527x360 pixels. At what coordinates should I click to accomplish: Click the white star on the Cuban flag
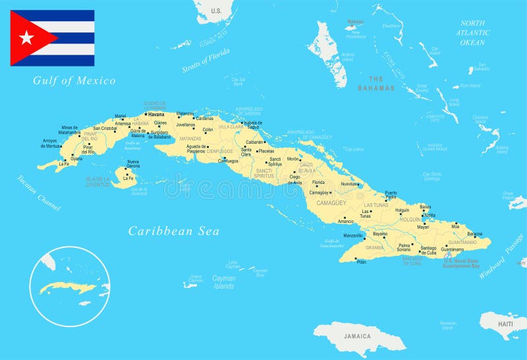(x=26, y=38)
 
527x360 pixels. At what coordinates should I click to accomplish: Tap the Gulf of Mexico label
(x=74, y=80)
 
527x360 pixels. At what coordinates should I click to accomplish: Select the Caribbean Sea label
(x=173, y=231)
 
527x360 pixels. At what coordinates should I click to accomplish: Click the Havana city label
(x=156, y=114)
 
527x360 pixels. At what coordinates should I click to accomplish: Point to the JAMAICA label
(x=358, y=336)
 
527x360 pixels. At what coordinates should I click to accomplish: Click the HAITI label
(x=505, y=324)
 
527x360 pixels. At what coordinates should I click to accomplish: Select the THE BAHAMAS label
(x=376, y=82)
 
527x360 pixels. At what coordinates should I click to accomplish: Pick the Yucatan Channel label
(x=38, y=192)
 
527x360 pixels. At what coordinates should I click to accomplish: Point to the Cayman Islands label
(x=223, y=282)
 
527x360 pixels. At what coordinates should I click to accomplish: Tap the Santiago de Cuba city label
(x=428, y=250)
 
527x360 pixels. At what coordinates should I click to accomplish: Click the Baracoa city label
(x=475, y=234)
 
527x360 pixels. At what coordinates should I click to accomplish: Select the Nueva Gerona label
(x=133, y=164)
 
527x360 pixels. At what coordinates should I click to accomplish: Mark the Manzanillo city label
(x=353, y=235)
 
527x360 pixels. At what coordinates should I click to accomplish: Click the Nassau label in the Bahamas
(x=355, y=21)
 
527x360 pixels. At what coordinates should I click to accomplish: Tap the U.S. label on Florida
(x=216, y=11)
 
